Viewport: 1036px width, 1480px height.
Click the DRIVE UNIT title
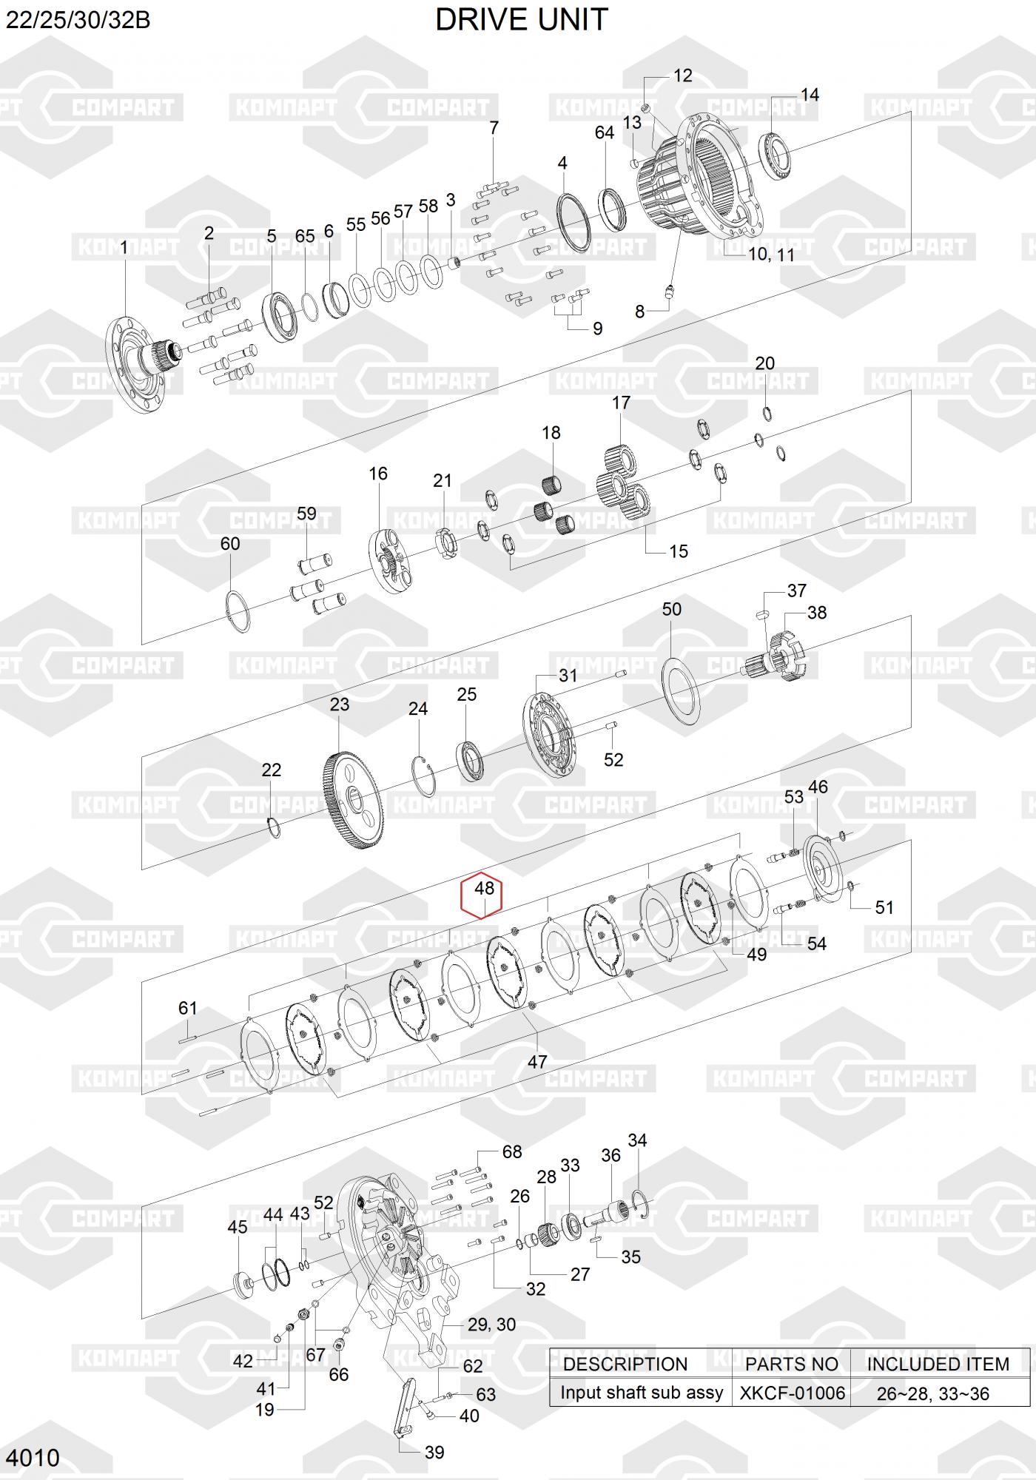tap(521, 20)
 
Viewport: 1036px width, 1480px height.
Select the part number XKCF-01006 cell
tap(792, 1393)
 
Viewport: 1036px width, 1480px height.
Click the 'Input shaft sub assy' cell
tap(641, 1393)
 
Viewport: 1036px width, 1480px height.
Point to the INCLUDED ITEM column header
tap(938, 1364)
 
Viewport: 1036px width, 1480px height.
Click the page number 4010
tap(33, 1457)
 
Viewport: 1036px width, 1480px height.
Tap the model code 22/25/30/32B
tap(78, 20)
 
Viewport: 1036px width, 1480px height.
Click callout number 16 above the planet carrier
tap(378, 474)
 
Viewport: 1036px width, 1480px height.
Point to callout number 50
tap(671, 609)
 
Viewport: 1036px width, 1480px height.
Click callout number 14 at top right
tap(810, 95)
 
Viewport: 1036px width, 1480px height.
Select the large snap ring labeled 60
tap(238, 612)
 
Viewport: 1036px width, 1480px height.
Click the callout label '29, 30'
tap(491, 1325)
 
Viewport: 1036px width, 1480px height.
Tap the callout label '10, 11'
tap(771, 254)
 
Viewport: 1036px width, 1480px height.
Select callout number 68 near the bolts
tap(511, 1151)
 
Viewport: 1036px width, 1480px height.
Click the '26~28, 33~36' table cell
tap(932, 1393)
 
